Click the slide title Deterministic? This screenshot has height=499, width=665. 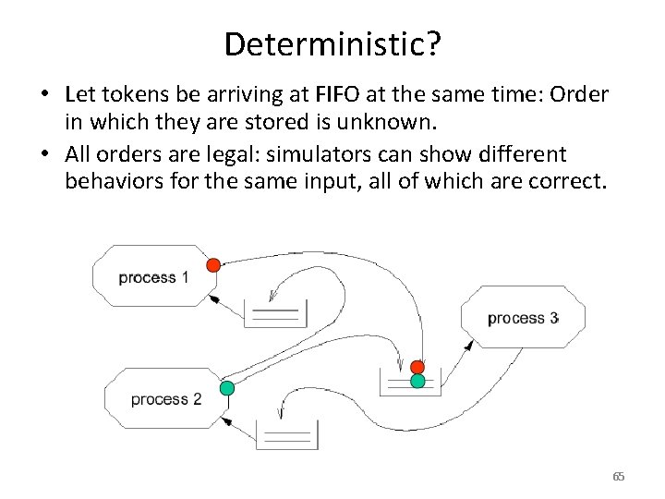pos(332,44)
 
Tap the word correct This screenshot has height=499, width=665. pos(568,181)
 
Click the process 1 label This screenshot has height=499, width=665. pos(153,277)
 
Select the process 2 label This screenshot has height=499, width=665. pos(165,399)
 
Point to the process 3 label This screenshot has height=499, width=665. pos(523,318)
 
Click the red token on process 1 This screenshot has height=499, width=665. pos(213,265)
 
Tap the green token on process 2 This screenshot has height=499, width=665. pos(227,388)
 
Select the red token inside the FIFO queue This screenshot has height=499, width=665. pos(417,367)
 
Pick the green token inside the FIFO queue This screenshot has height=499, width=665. pos(417,381)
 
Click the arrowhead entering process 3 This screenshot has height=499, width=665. pos(468,343)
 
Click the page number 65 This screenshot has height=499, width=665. pos(618,477)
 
